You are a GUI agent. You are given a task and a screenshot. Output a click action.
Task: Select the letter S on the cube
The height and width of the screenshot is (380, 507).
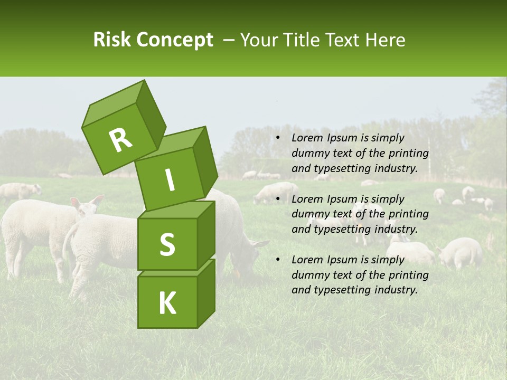167,245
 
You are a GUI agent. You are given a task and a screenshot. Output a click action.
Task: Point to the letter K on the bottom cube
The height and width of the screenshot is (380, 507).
167,303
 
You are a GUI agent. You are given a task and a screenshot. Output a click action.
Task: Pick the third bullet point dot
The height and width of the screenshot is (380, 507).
278,260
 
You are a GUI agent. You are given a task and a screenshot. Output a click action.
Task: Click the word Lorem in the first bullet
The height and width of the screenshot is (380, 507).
307,138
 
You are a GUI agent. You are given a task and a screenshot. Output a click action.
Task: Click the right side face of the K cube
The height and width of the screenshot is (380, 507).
206,293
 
